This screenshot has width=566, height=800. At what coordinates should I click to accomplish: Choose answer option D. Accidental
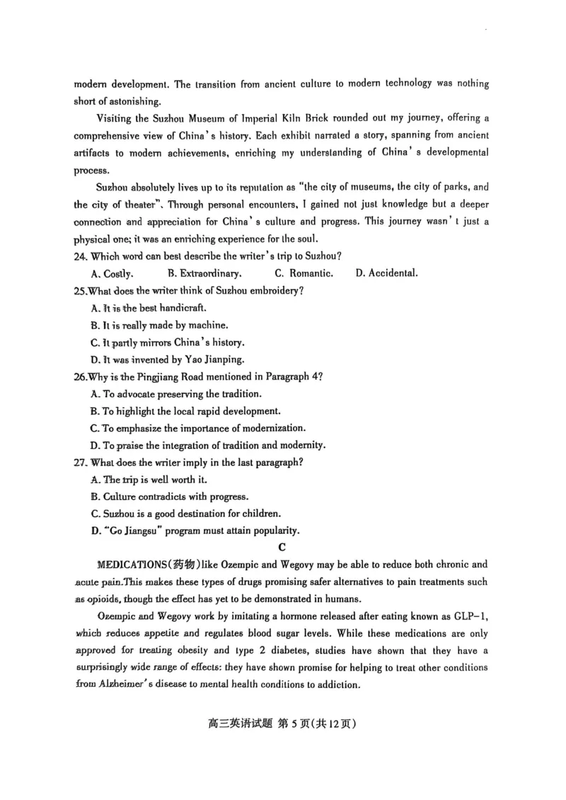[x=386, y=273]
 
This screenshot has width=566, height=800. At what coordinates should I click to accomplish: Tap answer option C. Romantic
[x=304, y=273]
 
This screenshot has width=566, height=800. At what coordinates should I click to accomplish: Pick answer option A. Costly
[x=112, y=273]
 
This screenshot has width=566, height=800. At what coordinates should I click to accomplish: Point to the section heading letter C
[x=282, y=547]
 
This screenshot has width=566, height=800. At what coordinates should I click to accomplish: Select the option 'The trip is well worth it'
[x=151, y=479]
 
